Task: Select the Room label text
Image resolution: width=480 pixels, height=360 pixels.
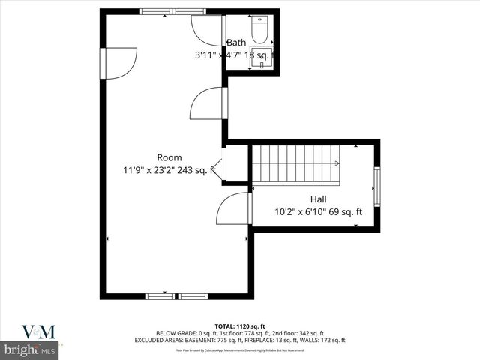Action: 169,157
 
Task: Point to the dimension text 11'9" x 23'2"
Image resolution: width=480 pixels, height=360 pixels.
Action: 148,170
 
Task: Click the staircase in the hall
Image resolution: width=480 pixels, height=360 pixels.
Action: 295,164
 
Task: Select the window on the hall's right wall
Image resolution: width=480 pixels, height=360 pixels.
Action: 376,186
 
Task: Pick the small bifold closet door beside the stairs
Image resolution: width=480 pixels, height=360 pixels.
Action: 217,169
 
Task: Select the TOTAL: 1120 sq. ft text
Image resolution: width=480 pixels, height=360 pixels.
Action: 239,325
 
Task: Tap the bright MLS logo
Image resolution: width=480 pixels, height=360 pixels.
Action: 29,350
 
